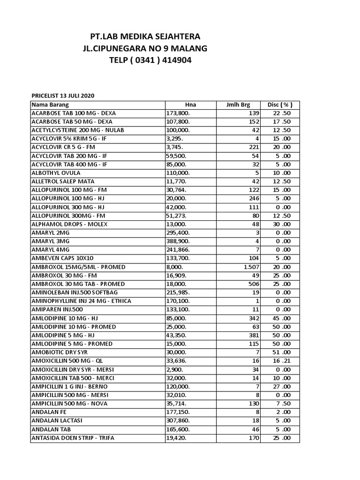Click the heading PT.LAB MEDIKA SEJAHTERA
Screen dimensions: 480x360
click(x=145, y=37)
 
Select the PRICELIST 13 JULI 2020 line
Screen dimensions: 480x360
click(x=63, y=96)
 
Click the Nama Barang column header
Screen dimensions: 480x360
click(x=50, y=105)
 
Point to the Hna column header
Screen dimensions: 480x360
click(x=190, y=105)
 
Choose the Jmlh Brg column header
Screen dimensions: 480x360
click(x=238, y=105)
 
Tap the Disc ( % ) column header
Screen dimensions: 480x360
click(x=280, y=105)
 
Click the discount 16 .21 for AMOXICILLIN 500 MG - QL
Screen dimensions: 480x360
click(x=282, y=361)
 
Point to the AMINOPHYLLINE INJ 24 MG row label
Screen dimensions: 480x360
click(x=81, y=301)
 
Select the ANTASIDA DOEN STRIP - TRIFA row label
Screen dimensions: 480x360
click(x=73, y=438)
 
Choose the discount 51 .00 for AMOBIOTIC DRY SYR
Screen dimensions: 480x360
click(x=282, y=352)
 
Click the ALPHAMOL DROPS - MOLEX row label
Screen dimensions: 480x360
click(x=69, y=224)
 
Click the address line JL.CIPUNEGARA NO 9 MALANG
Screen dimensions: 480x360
click(x=145, y=48)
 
